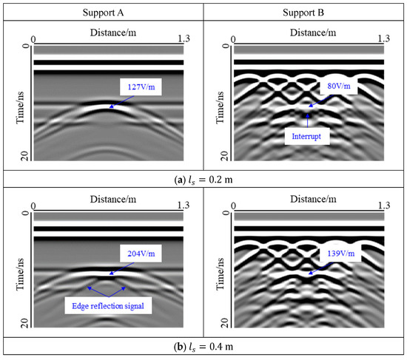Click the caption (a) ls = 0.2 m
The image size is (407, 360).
point(203,178)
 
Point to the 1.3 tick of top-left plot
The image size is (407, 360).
point(182,38)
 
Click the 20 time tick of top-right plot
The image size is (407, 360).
point(223,154)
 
